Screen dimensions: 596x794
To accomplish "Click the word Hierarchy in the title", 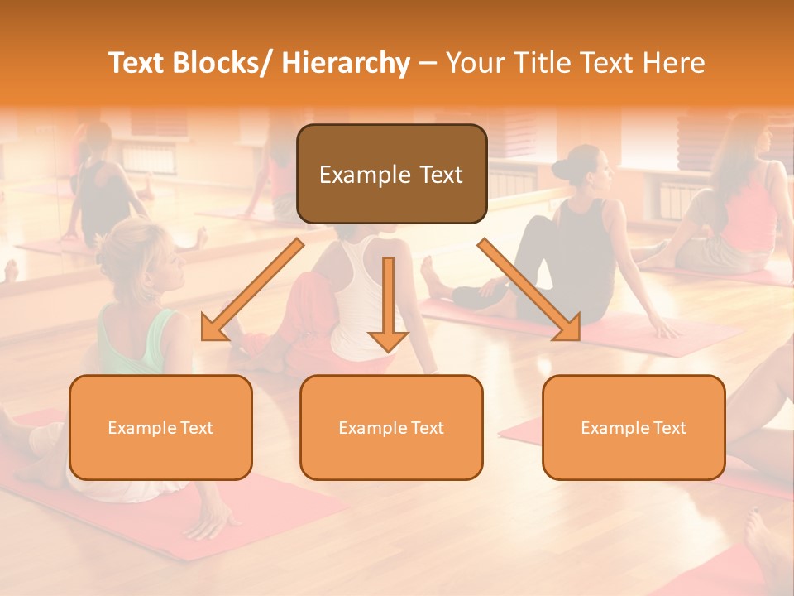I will pos(346,63).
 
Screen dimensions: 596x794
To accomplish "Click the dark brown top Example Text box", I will pos(391,175).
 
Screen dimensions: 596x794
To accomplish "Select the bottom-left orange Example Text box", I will pos(160,427).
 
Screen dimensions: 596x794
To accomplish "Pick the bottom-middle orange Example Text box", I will pos(391,427).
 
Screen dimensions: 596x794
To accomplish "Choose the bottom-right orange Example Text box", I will pos(634,427).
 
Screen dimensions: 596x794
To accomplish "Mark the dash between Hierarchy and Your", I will pos(428,64).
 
